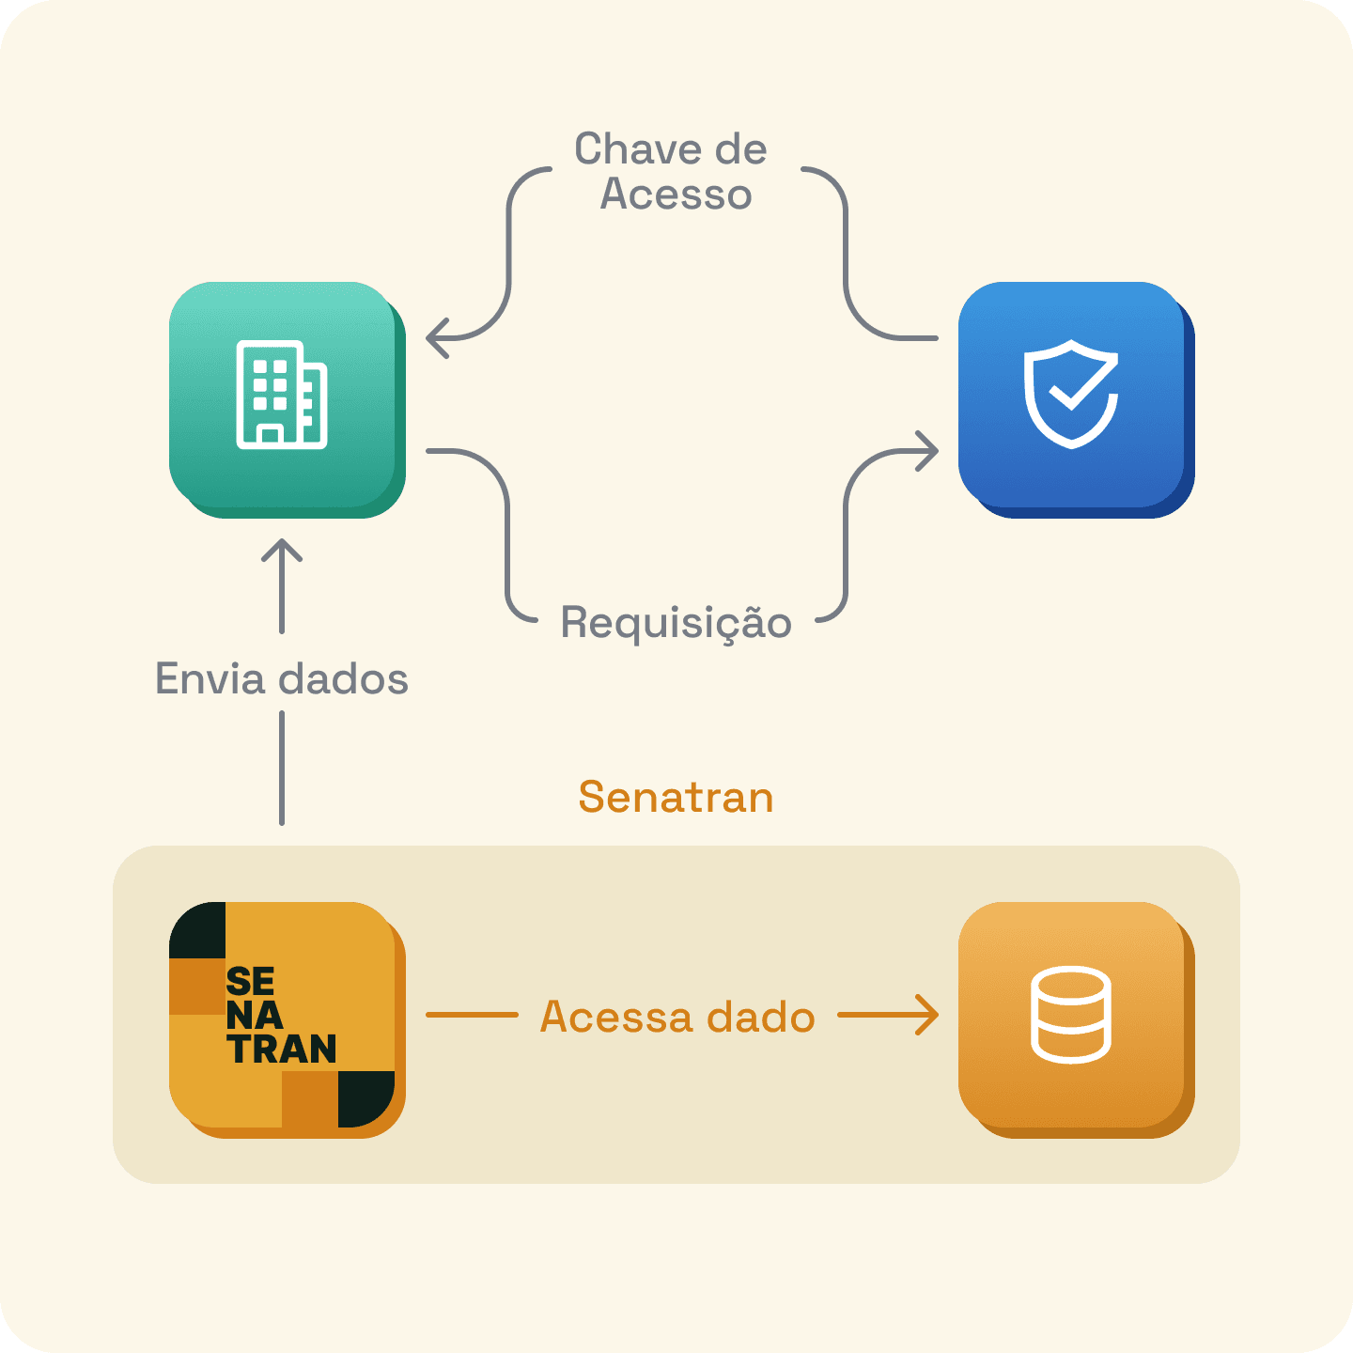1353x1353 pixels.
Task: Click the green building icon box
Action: (286, 398)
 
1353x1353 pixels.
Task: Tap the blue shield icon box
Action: (1075, 398)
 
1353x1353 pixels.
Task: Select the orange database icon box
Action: (1075, 1019)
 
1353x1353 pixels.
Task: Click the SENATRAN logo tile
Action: (286, 1019)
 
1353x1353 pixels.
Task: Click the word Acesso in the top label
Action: (676, 194)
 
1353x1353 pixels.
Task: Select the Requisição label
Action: (676, 623)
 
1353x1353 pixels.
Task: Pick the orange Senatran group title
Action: (676, 797)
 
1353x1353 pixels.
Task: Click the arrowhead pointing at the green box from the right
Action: (435, 338)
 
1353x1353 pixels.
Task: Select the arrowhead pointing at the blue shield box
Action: (928, 451)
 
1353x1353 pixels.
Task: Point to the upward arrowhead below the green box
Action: (282, 550)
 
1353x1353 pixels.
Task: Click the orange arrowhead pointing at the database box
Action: (928, 1015)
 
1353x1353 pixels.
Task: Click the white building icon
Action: (281, 395)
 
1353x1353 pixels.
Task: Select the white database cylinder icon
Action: (1071, 1015)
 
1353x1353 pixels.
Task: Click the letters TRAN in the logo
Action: (282, 1050)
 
